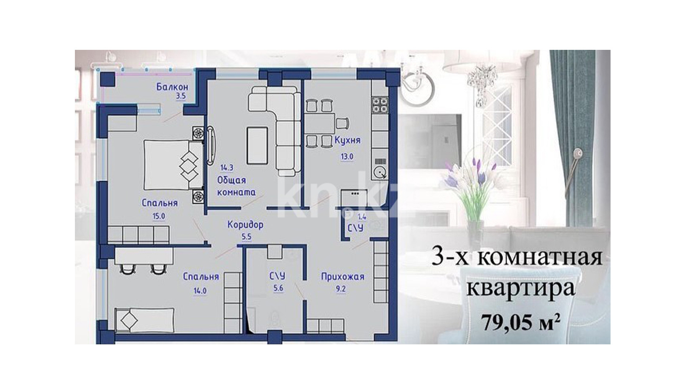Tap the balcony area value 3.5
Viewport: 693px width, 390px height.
181,96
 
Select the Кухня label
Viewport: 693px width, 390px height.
348,140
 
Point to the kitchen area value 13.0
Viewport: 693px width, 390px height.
347,157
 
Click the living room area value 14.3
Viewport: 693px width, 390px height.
227,168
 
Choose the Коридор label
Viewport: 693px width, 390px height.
246,225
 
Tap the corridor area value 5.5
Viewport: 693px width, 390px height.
246,237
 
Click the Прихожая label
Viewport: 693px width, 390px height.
342,276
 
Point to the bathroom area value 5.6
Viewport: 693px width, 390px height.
278,288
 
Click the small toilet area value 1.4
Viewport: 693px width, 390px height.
362,217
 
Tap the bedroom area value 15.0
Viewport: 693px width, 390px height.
159,216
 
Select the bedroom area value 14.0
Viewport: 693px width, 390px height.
200,291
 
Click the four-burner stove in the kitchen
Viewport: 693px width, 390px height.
380,105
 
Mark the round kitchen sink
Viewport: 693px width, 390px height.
380,172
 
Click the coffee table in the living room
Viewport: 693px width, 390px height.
257,146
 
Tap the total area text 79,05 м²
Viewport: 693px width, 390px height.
521,322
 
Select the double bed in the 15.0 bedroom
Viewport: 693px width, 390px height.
173,165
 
